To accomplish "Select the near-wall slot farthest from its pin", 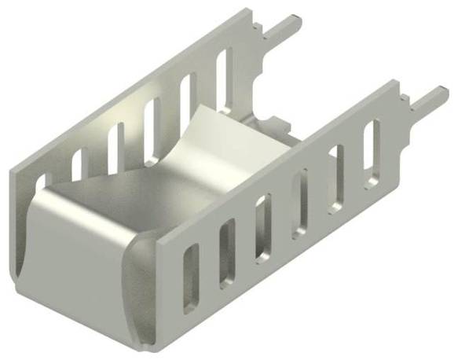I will (x=191, y=277).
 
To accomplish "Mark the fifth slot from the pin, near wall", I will (x=227, y=251).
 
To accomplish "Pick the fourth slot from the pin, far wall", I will (x=116, y=145).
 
